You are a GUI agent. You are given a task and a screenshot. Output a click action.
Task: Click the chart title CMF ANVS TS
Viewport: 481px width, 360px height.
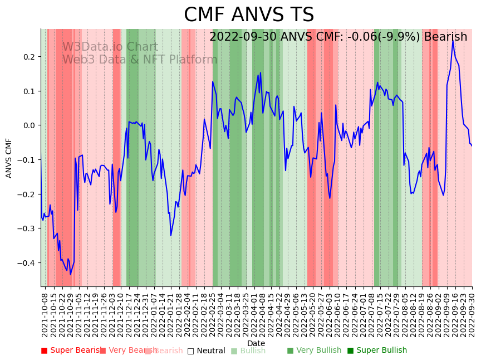coord(249,15)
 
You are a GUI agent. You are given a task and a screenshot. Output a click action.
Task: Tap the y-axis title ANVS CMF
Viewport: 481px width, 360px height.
coord(9,158)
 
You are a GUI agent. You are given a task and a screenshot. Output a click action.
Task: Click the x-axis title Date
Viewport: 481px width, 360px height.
coord(256,343)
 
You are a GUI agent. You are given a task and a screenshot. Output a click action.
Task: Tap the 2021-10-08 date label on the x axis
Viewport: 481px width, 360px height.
coord(45,314)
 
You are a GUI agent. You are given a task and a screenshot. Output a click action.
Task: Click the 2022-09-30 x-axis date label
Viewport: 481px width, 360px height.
coord(472,314)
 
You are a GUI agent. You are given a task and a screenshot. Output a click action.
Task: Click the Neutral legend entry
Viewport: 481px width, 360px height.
coord(207,351)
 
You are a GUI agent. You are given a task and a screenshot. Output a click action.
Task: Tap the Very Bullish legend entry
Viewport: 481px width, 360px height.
coord(315,351)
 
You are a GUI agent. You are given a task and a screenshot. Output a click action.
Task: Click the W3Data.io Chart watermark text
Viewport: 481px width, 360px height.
coord(110,47)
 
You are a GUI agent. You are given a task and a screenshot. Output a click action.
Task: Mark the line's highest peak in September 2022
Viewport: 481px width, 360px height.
coord(453,41)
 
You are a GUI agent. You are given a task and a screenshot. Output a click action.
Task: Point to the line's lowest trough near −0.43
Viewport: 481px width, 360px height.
coord(71,274)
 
